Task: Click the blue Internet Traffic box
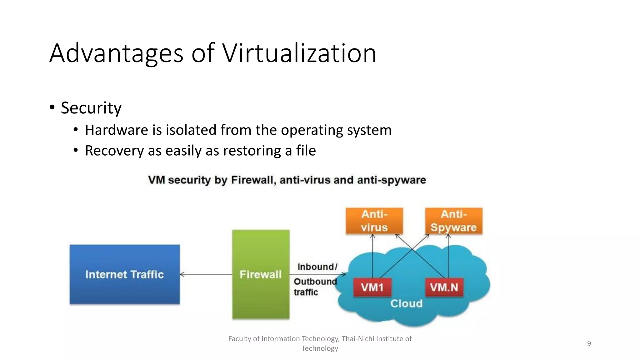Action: [124, 274]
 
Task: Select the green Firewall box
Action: [261, 274]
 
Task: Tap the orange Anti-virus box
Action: [374, 221]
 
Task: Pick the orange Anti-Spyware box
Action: [453, 221]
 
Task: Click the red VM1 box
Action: [372, 287]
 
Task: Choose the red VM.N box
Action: [444, 287]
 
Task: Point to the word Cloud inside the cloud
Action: [406, 303]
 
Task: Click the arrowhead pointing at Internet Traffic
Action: [182, 274]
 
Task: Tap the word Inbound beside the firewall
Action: [316, 267]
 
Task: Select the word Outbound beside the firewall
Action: [315, 281]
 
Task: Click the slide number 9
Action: [589, 343]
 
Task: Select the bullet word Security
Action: [91, 108]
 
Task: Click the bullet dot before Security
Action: [52, 107]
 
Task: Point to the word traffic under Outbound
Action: [306, 292]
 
